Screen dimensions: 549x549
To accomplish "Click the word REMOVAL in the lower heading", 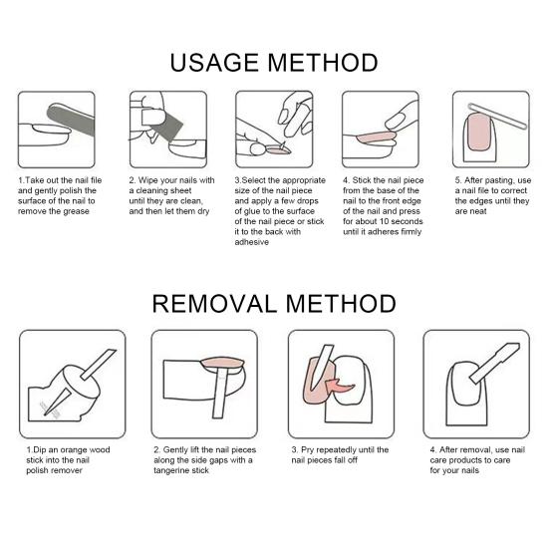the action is [x=214, y=303].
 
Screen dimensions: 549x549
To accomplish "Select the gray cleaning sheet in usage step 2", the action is [x=167, y=127].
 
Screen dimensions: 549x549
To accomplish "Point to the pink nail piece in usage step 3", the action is [x=277, y=150].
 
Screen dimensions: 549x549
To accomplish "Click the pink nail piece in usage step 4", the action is [x=376, y=137].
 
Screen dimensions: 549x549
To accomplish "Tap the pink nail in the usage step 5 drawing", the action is [x=478, y=132].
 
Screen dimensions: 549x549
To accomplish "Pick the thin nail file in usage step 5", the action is [x=497, y=116].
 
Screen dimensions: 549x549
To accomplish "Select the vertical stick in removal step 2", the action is [x=220, y=393].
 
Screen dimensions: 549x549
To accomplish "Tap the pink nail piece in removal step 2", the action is [x=222, y=363].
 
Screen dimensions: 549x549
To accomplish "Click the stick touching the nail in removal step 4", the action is [x=494, y=363].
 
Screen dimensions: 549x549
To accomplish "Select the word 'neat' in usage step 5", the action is [x=477, y=211].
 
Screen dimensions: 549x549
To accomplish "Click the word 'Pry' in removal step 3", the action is [x=307, y=450].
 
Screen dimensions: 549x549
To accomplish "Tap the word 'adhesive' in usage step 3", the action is [x=252, y=242].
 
